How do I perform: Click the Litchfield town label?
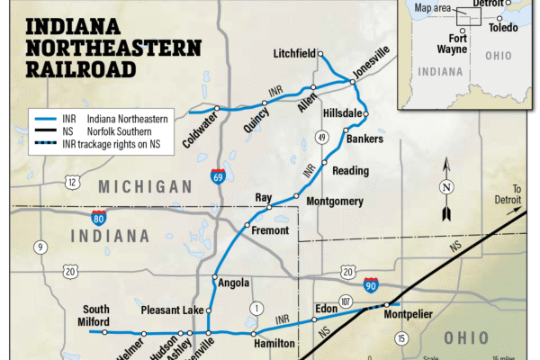(293, 55)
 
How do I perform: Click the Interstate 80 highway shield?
(98, 217)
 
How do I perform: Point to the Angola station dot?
(214, 277)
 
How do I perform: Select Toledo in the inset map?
(503, 28)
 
